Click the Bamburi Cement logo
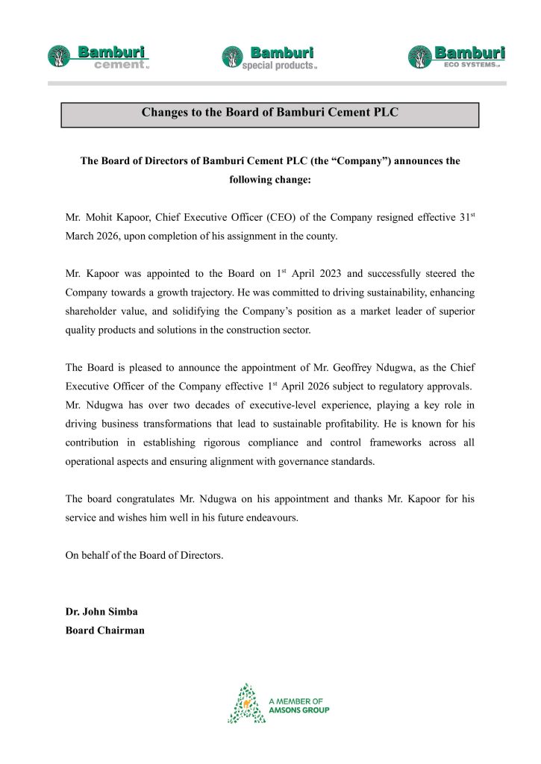[x=99, y=57]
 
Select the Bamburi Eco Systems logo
[x=456, y=57]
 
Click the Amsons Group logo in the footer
[x=278, y=704]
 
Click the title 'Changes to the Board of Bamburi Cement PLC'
[x=270, y=113]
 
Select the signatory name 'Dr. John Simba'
[x=101, y=612]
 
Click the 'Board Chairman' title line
[x=105, y=630]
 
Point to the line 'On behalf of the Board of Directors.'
[x=144, y=556]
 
